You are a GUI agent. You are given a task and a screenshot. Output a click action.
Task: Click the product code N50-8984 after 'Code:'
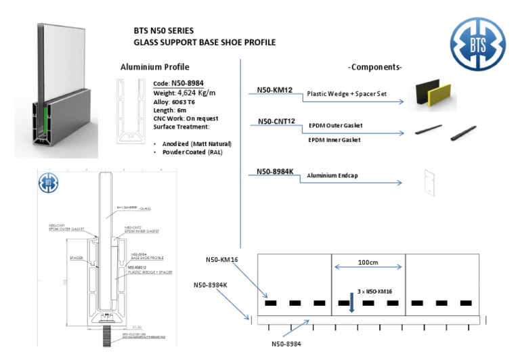point(187,83)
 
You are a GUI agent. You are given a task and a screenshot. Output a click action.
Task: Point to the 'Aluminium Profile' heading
point(154,67)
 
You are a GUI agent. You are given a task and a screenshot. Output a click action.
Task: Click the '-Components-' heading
point(374,67)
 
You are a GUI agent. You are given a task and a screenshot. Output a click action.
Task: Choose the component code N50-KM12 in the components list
point(274,89)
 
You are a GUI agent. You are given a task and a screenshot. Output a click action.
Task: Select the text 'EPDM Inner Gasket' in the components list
point(334,139)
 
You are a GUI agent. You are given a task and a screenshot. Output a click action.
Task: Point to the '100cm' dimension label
point(368,262)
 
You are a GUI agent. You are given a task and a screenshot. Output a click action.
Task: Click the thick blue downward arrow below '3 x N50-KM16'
point(352,303)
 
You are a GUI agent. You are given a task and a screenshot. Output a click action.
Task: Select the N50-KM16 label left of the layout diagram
point(223,259)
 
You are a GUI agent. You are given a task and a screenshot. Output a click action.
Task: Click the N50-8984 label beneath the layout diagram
point(286,343)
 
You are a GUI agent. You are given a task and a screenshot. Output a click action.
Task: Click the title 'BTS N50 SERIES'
point(163,30)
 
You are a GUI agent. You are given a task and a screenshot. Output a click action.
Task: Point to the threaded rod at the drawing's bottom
point(106,335)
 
